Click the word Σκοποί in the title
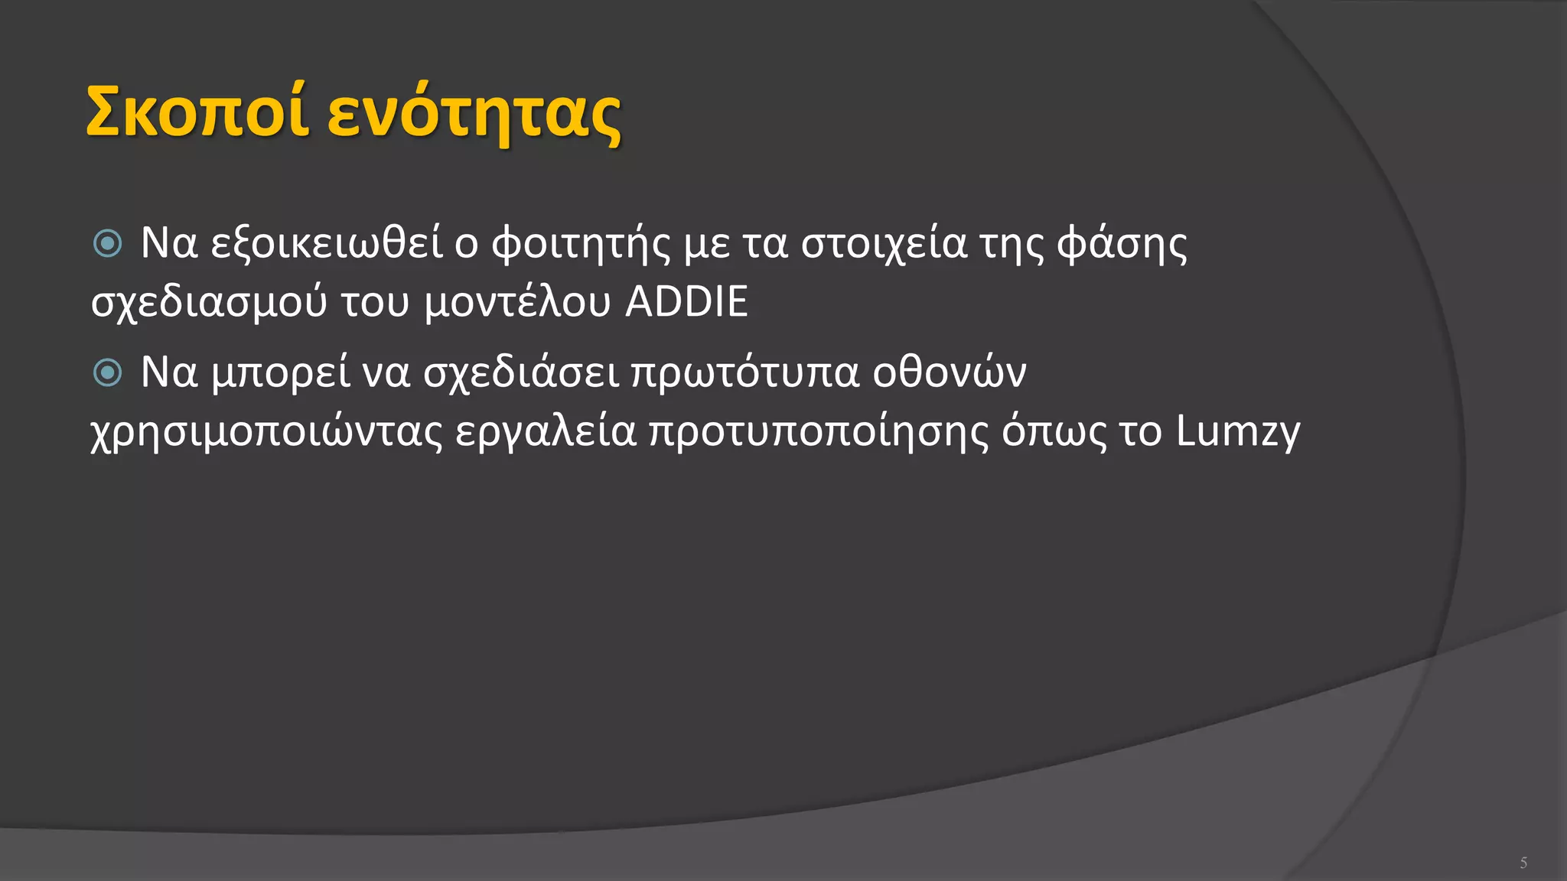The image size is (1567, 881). point(197,112)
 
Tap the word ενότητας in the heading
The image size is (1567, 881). point(474,115)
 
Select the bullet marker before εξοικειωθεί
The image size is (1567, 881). point(108,244)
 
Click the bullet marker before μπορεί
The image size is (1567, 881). point(108,373)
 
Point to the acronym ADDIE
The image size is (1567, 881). point(686,301)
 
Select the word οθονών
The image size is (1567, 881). point(950,373)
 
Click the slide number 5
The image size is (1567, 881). point(1523,863)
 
